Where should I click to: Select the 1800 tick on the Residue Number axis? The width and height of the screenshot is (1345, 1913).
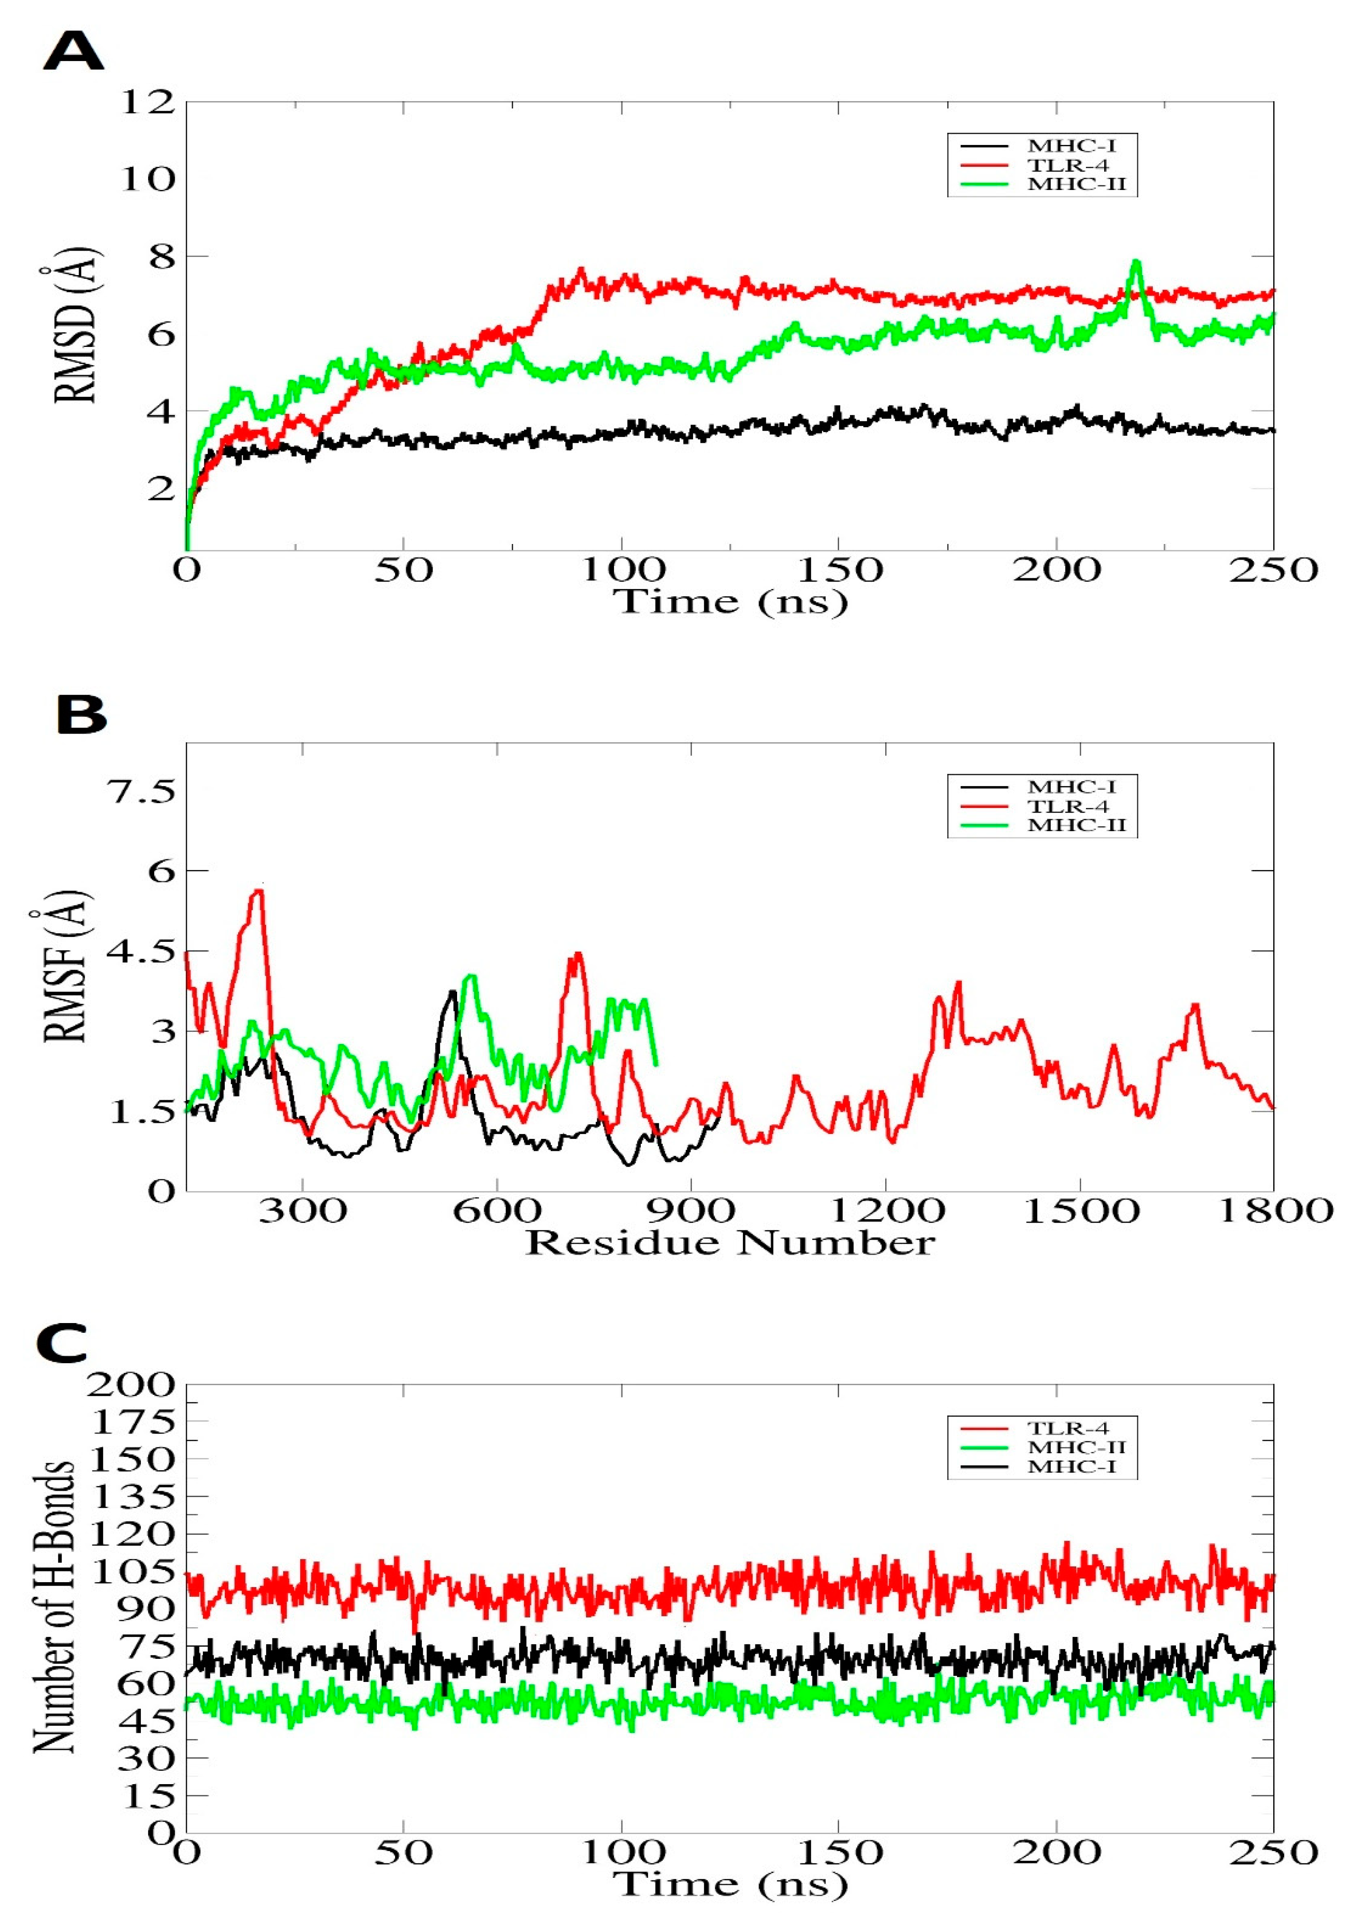(x=1275, y=1210)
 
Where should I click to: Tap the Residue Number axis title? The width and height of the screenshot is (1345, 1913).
(x=729, y=1243)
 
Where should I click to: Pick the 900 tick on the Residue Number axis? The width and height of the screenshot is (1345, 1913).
(x=691, y=1210)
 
